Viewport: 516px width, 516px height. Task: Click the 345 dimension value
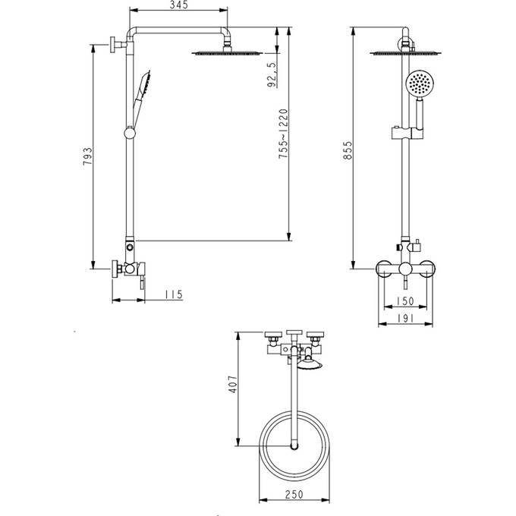[x=179, y=5]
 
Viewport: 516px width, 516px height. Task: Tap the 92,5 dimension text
[x=272, y=76]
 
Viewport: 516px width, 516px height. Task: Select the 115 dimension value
[x=174, y=294]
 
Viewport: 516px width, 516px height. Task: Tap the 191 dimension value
[x=404, y=319]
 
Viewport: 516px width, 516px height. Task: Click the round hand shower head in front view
[x=417, y=83]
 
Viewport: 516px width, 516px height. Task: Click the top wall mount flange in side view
[x=112, y=46]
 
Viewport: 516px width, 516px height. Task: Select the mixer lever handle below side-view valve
[x=141, y=282]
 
